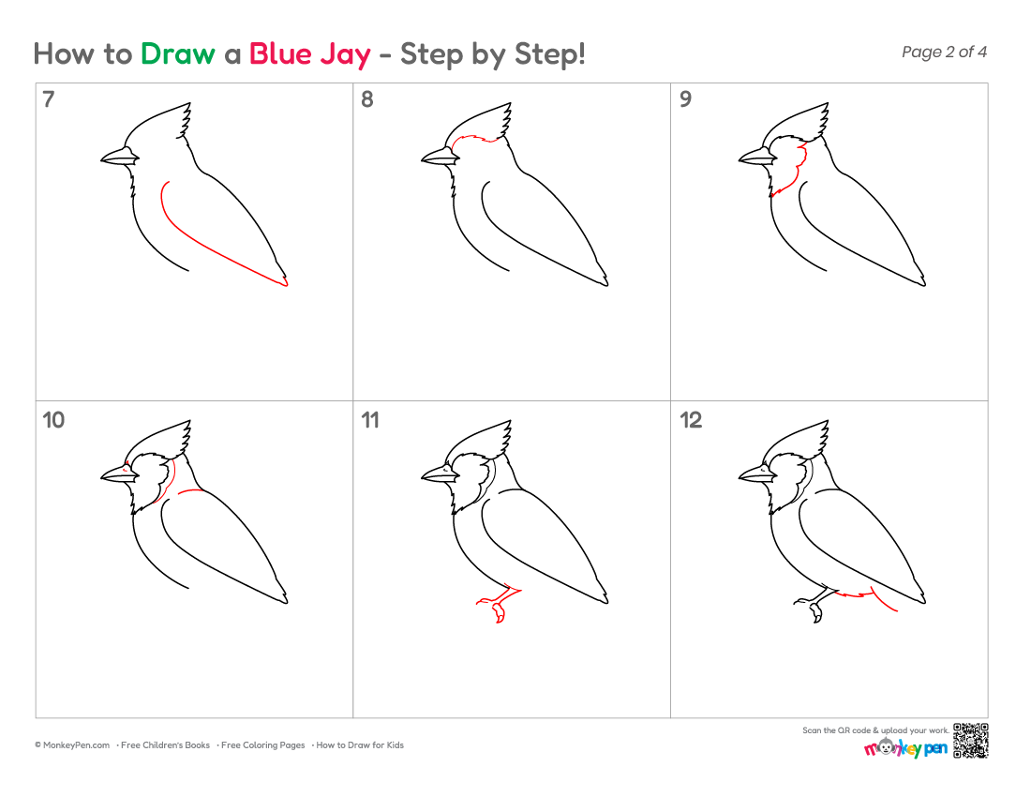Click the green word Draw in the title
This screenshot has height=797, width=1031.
[x=177, y=54]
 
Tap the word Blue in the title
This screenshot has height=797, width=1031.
[x=281, y=54]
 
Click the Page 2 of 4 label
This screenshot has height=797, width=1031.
[x=944, y=52]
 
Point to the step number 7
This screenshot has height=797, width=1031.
[x=48, y=99]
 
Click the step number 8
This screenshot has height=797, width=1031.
[x=366, y=99]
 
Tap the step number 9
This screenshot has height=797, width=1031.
[x=685, y=99]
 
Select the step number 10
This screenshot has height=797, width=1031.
[x=53, y=420]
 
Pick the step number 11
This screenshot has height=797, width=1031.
[x=370, y=420]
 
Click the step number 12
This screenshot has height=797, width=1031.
[x=691, y=420]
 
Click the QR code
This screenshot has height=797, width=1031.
[x=970, y=741]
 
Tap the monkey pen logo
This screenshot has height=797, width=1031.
[x=905, y=747]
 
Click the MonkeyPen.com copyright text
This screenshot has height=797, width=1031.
[x=72, y=745]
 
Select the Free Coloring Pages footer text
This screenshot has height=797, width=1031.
[x=263, y=745]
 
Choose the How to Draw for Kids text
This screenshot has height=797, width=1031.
[x=360, y=745]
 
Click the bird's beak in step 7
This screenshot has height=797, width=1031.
[x=120, y=157]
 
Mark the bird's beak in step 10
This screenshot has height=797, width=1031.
[x=120, y=474]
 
